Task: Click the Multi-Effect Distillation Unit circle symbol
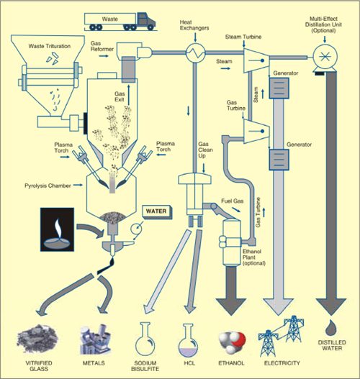[x=320, y=52]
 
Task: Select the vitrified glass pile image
[x=38, y=337]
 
